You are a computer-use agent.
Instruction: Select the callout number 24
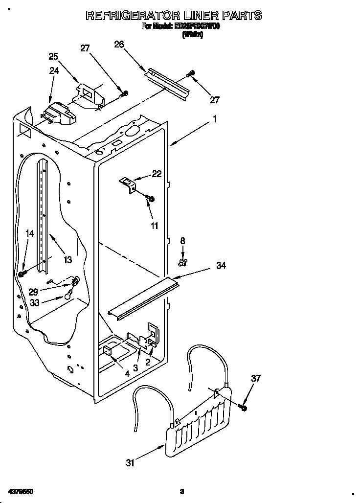[54, 70]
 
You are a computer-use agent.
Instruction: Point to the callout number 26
[119, 45]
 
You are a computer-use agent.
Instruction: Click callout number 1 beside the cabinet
[214, 118]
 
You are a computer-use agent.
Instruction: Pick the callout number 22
[157, 173]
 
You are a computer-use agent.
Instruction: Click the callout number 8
[183, 240]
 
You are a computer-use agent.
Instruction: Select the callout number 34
[221, 265]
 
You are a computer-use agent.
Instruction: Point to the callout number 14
[30, 234]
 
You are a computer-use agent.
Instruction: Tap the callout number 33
[34, 302]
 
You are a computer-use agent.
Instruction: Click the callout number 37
[255, 378]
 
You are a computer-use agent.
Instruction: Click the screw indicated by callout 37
[243, 407]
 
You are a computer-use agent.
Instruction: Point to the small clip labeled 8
[183, 263]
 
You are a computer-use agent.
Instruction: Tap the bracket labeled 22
[128, 184]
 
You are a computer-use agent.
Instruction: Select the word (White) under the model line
[192, 35]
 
